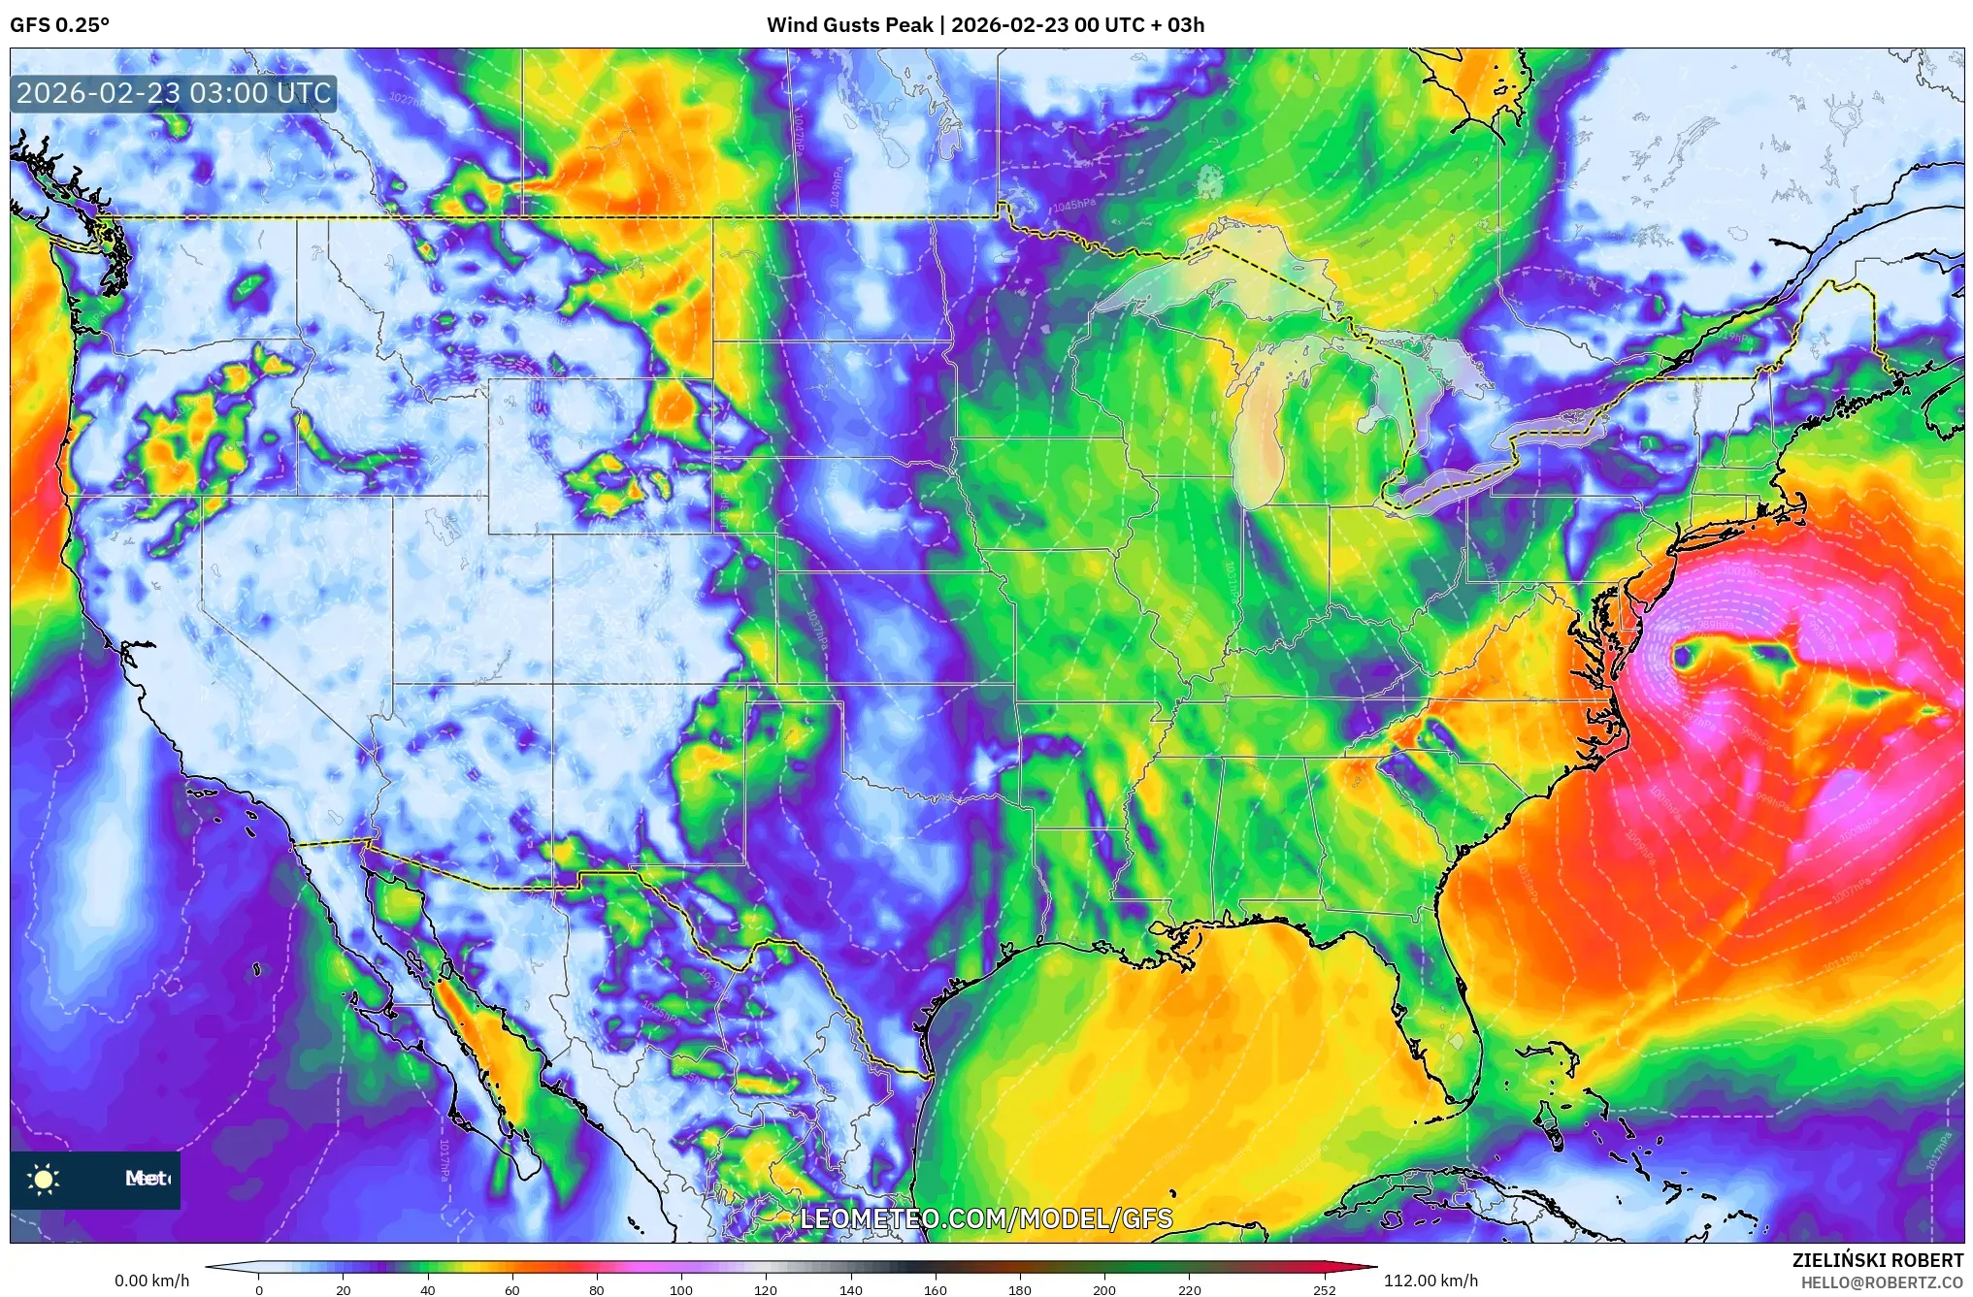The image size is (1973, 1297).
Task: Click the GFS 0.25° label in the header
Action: [x=59, y=25]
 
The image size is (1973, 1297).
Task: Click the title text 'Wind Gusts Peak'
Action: [x=849, y=25]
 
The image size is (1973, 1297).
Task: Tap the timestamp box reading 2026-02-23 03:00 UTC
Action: [x=174, y=94]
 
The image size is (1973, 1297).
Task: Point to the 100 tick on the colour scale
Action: [x=681, y=1289]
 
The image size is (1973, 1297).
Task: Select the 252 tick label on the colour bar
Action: [x=1324, y=1289]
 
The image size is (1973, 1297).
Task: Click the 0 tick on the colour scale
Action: [x=259, y=1289]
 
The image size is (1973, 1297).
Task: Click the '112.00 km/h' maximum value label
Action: [x=1430, y=1281]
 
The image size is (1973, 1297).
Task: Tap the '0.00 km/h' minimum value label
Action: [x=152, y=1281]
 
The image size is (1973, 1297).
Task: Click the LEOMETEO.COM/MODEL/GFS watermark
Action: [x=986, y=1218]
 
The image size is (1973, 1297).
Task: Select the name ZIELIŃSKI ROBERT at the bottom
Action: [x=1877, y=1260]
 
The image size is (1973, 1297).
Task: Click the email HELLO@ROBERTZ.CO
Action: [x=1882, y=1282]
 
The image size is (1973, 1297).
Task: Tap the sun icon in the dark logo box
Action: [x=44, y=1179]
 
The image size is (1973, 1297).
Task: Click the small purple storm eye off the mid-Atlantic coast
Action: [x=1682, y=657]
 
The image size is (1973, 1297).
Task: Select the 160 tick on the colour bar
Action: [x=935, y=1289]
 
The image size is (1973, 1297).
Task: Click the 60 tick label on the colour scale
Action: [x=511, y=1289]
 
